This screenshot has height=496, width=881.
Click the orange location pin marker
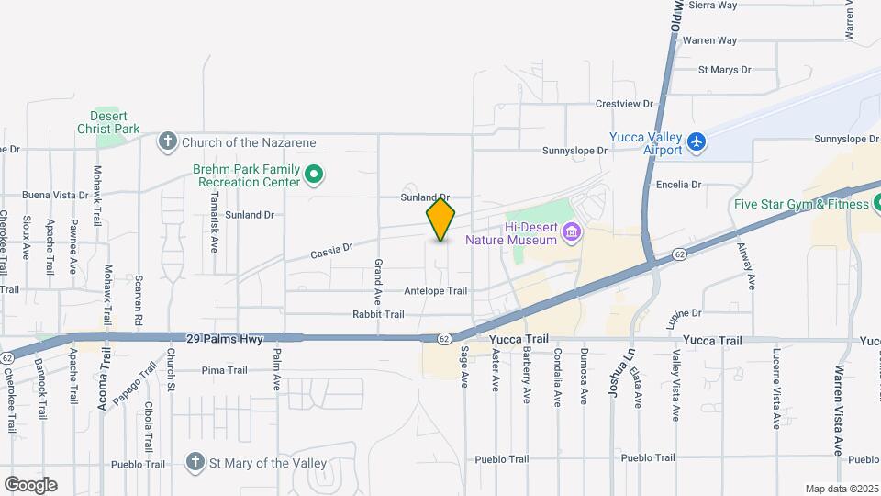click(441, 220)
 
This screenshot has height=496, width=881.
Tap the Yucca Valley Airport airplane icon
click(697, 142)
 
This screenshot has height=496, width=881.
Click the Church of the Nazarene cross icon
click(167, 141)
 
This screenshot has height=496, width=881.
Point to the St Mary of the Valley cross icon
click(195, 463)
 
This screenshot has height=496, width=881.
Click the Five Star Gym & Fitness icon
click(877, 202)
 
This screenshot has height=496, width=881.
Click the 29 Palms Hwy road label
click(224, 339)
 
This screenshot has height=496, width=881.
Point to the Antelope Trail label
click(436, 291)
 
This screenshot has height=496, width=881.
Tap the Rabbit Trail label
click(378, 314)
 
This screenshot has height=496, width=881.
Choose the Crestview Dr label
click(624, 104)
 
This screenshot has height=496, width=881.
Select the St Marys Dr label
click(724, 69)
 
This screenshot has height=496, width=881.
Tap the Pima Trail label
click(225, 370)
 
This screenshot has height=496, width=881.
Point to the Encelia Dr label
click(678, 185)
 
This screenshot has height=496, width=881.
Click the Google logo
click(30, 485)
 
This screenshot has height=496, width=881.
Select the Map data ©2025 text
click(841, 489)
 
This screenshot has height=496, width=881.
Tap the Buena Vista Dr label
click(54, 196)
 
